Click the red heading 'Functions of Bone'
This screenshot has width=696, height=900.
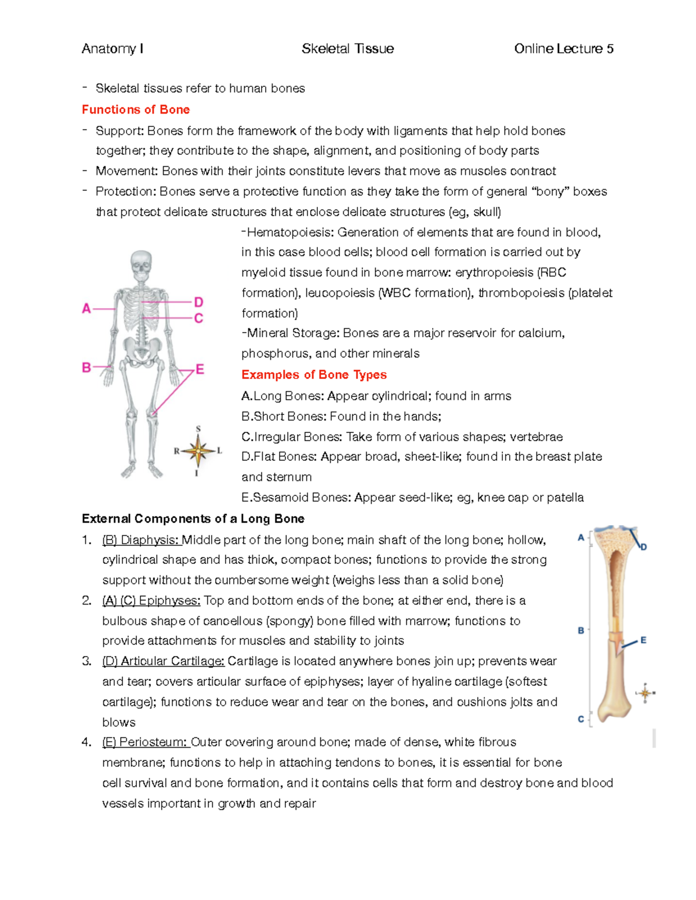click(136, 110)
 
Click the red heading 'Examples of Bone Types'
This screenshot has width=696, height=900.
click(314, 374)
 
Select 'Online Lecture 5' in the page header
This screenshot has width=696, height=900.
click(563, 49)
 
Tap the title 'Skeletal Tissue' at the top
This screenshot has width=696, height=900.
click(347, 49)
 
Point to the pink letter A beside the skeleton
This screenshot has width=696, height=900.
click(86, 309)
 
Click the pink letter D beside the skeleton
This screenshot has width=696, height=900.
click(198, 302)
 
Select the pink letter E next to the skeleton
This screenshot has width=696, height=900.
click(200, 369)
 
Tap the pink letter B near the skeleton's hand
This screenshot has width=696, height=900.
click(86, 367)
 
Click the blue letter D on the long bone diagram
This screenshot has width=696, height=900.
click(643, 546)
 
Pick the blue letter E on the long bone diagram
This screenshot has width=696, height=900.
click(643, 640)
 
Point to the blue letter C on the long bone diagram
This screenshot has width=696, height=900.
click(581, 719)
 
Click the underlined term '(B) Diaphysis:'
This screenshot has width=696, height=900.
click(141, 540)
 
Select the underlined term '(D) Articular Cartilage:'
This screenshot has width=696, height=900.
click(163, 661)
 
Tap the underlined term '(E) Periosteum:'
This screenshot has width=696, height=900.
click(145, 742)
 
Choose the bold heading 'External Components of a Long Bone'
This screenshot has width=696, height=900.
click(193, 519)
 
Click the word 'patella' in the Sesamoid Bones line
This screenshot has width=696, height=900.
click(565, 498)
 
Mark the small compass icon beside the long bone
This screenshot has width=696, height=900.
click(645, 693)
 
